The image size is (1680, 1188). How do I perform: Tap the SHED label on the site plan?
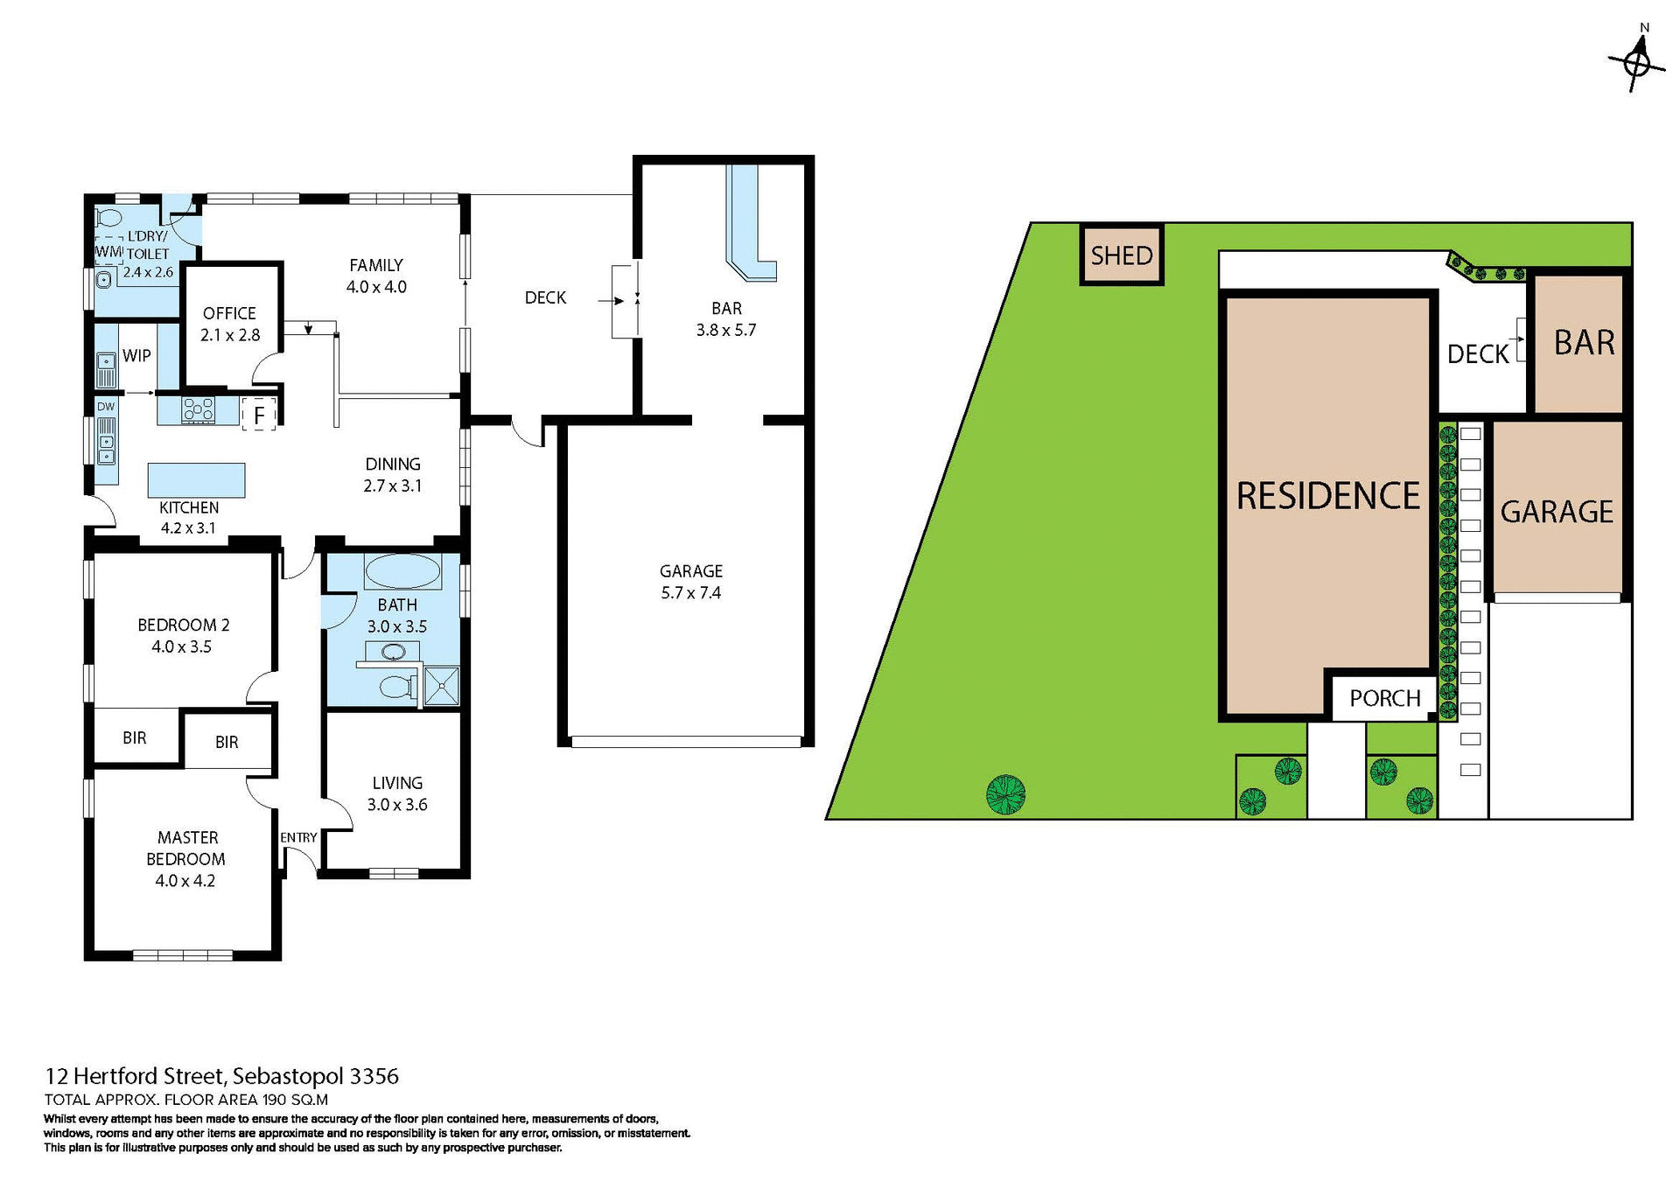pos(1121,255)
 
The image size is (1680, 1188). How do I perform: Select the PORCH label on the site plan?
pos(1384,698)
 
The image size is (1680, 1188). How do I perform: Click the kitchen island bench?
pos(196,480)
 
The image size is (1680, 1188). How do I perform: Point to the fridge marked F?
pos(259,416)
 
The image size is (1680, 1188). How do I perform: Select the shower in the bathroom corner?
pos(441,686)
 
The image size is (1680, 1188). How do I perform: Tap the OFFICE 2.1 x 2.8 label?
pos(229,324)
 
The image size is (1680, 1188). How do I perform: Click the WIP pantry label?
pos(136,355)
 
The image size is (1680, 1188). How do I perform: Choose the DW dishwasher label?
pos(106,407)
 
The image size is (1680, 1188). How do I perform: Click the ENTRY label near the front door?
pos(298,837)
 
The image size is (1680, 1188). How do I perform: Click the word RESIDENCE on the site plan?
pos(1327,496)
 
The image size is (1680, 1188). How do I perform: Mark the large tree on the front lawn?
pos(1005,794)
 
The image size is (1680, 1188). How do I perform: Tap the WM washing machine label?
pos(108,251)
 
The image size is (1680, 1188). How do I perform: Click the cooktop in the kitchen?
pos(199,409)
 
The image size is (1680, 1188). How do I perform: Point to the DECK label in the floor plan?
pos(545,297)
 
